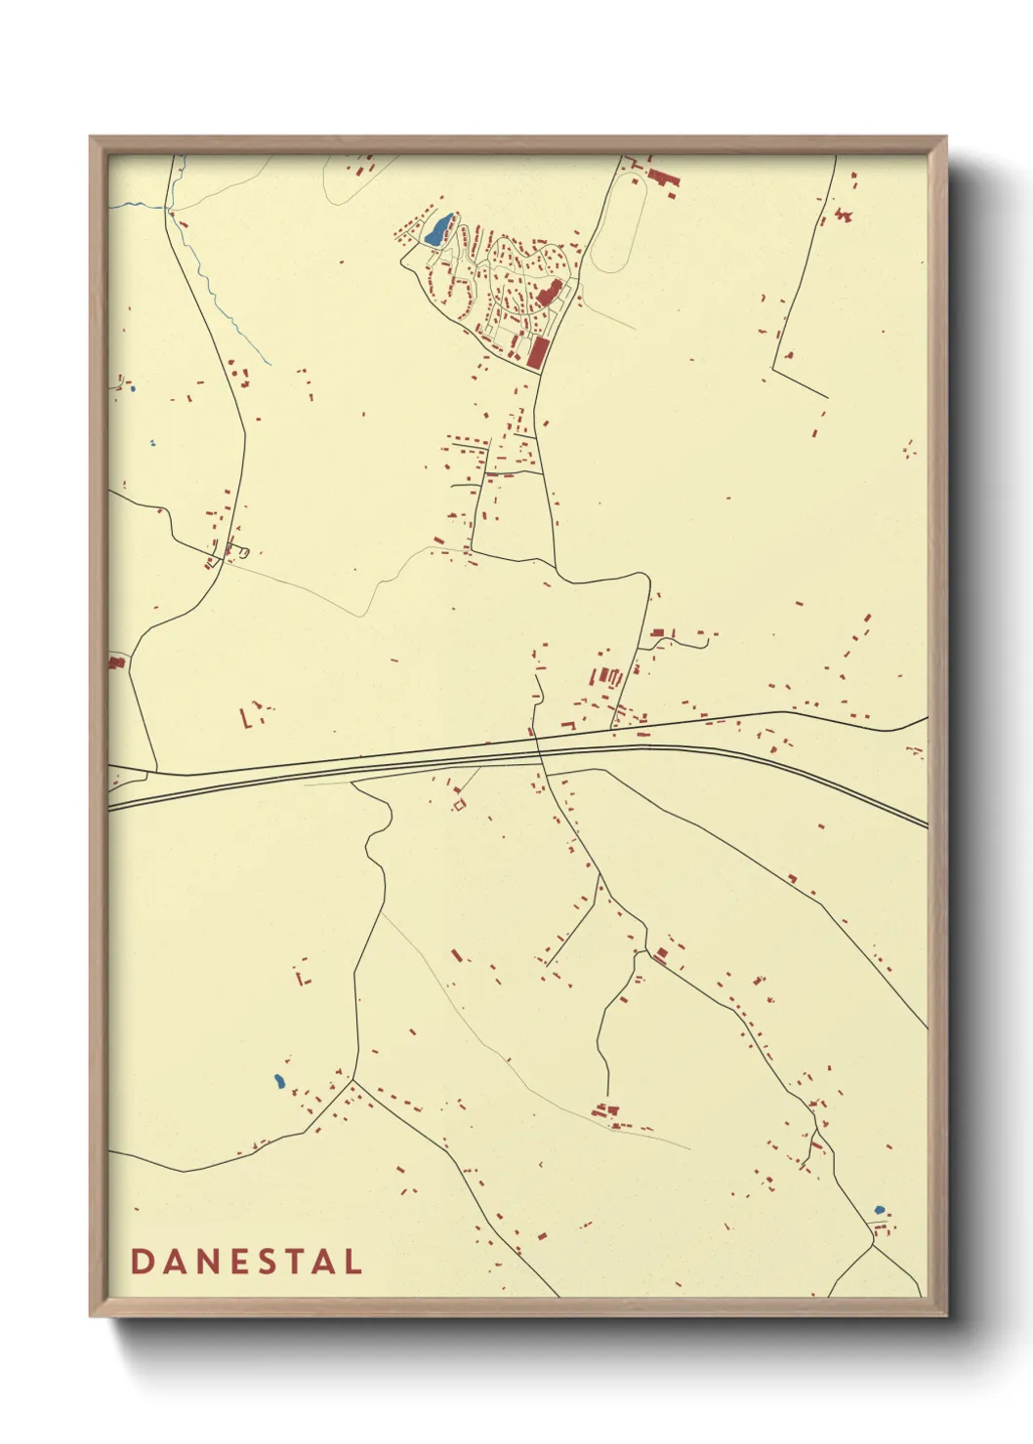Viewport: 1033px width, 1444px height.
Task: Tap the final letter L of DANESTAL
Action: (x=351, y=1262)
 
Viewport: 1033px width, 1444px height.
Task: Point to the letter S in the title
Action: (x=260, y=1262)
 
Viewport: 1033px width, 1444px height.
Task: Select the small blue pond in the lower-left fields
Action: (x=278, y=1081)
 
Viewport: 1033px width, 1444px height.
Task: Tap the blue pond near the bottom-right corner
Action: (x=879, y=1210)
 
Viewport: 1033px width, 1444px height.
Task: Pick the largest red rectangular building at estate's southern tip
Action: (x=535, y=352)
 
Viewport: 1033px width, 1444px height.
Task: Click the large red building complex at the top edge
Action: (x=663, y=178)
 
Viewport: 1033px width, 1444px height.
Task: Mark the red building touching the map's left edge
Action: (x=116, y=662)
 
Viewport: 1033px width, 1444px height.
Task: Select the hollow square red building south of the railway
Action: (x=459, y=805)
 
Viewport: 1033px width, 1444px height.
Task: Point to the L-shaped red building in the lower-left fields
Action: (x=303, y=975)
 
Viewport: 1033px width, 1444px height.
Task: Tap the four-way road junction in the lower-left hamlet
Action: (x=352, y=1080)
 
